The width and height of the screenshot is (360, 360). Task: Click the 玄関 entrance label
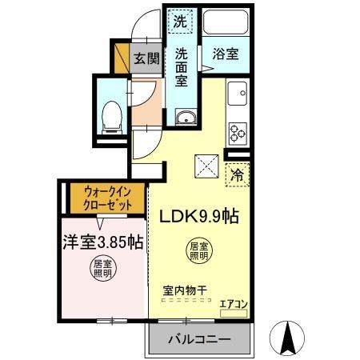pos(146,58)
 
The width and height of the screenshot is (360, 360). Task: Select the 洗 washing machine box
pos(180,22)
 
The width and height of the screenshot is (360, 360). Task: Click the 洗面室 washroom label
pos(182,68)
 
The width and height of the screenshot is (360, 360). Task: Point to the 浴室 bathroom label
pos(226,56)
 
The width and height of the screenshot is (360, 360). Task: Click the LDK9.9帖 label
pos(198,216)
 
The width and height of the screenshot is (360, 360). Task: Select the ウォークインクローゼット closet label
pos(106,198)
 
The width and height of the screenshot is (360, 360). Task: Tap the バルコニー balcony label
pos(198,339)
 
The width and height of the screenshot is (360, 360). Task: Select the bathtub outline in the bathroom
pos(226,22)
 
